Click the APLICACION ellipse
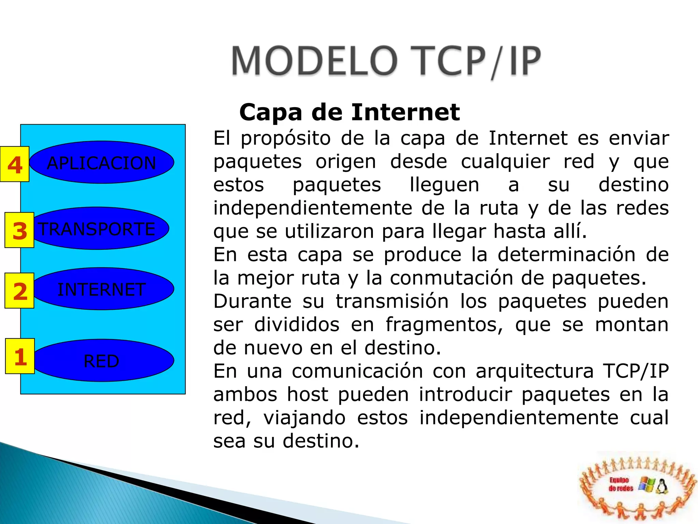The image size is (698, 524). [102, 162]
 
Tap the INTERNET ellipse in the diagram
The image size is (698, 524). [102, 289]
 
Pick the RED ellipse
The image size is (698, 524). [102, 361]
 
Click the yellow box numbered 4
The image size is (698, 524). [15, 164]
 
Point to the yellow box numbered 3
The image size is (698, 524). [19, 230]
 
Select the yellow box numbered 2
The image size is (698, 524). [19, 291]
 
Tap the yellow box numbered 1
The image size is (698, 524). [20, 356]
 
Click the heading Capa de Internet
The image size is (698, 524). [349, 112]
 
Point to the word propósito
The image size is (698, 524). [286, 139]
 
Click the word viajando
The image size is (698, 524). [304, 418]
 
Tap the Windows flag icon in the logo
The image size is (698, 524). [647, 484]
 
